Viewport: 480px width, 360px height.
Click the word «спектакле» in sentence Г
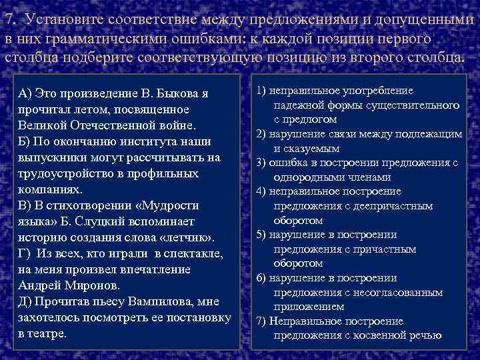[x=193, y=253]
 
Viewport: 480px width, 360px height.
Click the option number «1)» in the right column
[x=260, y=91]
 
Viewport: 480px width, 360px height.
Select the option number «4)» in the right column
[x=260, y=191]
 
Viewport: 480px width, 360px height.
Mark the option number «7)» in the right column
[x=260, y=321]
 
